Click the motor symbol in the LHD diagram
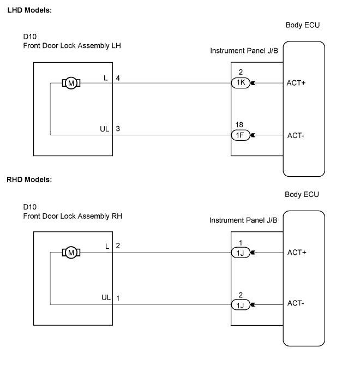(71, 83)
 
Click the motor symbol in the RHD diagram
(71, 253)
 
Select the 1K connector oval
(241, 83)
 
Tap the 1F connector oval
(241, 135)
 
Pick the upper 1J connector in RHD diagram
(241, 253)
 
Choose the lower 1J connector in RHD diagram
(241, 305)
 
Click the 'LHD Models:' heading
(29, 10)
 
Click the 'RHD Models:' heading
(29, 179)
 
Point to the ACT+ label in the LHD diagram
(296, 83)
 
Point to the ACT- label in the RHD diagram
(296, 303)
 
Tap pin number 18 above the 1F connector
(239, 124)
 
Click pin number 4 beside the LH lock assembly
(118, 78)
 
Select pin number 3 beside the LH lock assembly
(118, 129)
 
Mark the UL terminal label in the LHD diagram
(105, 129)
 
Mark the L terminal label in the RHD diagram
(107, 246)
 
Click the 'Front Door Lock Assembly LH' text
(72, 46)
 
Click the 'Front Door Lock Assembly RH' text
(73, 216)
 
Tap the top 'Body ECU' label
(303, 25)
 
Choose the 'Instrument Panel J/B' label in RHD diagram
(243, 220)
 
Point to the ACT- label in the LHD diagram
(296, 136)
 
